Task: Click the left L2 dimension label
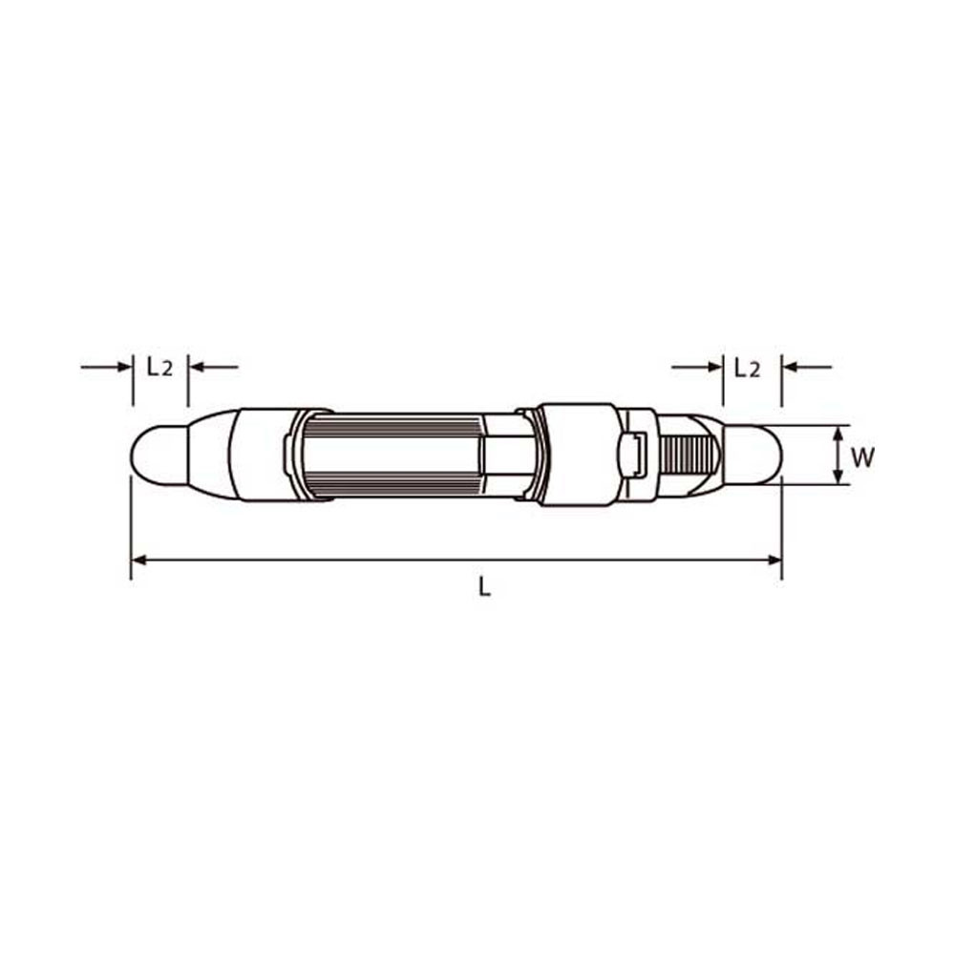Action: [x=159, y=367]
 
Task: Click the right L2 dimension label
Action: [x=748, y=368]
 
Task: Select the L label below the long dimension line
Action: [x=485, y=586]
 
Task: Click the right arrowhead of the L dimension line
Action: [x=775, y=560]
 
